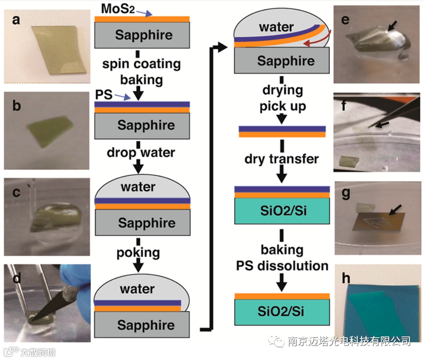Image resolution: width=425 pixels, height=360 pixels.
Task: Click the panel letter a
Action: (16, 20)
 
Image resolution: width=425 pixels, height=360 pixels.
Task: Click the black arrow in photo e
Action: (392, 26)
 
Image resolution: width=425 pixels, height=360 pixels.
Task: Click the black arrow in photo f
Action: (382, 123)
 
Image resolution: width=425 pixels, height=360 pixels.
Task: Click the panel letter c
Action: (15, 191)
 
